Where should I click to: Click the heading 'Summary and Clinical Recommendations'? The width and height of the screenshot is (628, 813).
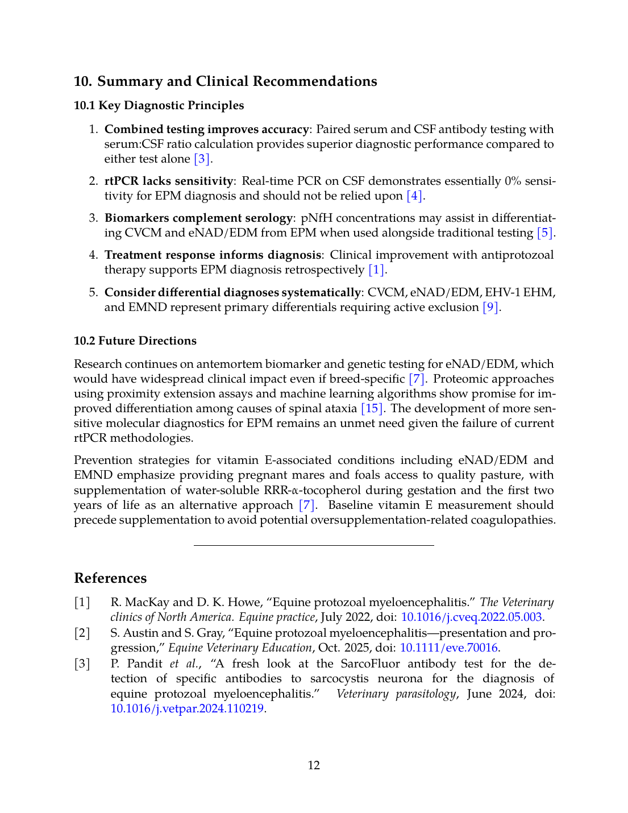237,81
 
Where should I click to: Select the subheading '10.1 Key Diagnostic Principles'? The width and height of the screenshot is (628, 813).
159,105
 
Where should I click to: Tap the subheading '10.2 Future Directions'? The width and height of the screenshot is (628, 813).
135,341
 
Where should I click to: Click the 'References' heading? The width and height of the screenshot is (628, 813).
110,578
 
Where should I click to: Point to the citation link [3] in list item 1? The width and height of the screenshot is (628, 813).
202,159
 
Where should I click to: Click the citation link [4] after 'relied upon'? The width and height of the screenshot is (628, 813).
414,196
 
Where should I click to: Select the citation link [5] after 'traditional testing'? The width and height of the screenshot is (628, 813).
544,233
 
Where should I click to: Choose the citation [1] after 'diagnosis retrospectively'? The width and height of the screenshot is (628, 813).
376,270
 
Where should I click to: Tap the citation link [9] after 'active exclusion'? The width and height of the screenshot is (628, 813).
490,308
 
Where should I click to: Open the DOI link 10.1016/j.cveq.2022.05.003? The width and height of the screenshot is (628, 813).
471,617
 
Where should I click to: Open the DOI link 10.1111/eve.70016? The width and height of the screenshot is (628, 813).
449,648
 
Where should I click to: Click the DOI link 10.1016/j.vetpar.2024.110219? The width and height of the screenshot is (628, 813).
187,708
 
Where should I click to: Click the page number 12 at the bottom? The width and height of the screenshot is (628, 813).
314,765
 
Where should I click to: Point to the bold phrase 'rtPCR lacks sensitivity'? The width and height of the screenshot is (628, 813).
169,181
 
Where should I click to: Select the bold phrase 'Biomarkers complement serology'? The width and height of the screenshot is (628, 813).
198,218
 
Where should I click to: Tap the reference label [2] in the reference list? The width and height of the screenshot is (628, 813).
82,633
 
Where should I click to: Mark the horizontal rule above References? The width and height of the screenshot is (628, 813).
314,546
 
